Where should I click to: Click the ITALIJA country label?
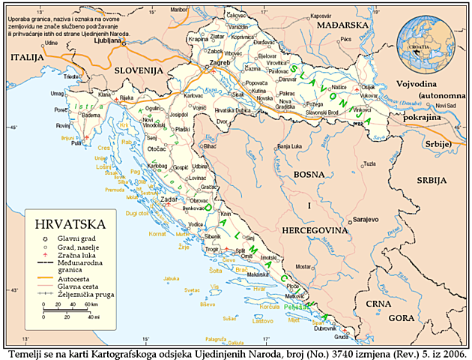click(27, 57)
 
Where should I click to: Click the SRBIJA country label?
click(432, 181)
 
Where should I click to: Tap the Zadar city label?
click(167, 200)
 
